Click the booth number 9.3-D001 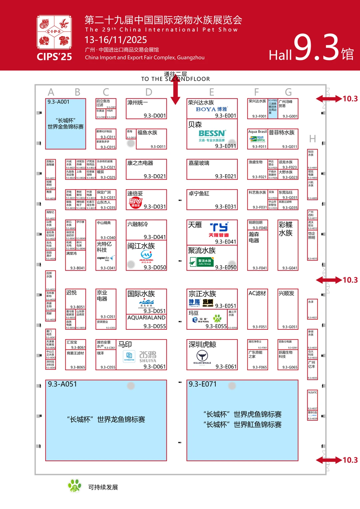155,116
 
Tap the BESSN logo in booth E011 212,134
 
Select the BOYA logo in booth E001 211,109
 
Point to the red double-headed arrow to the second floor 175,92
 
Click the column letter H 312,139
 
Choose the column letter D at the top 149,92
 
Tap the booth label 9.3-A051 62,384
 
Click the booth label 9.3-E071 203,384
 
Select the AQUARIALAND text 146,317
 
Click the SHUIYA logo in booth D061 148,356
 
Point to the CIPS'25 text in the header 54,57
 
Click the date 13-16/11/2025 115,40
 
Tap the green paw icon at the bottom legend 74,486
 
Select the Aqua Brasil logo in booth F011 258,139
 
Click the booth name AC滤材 257,293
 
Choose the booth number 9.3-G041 290,268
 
